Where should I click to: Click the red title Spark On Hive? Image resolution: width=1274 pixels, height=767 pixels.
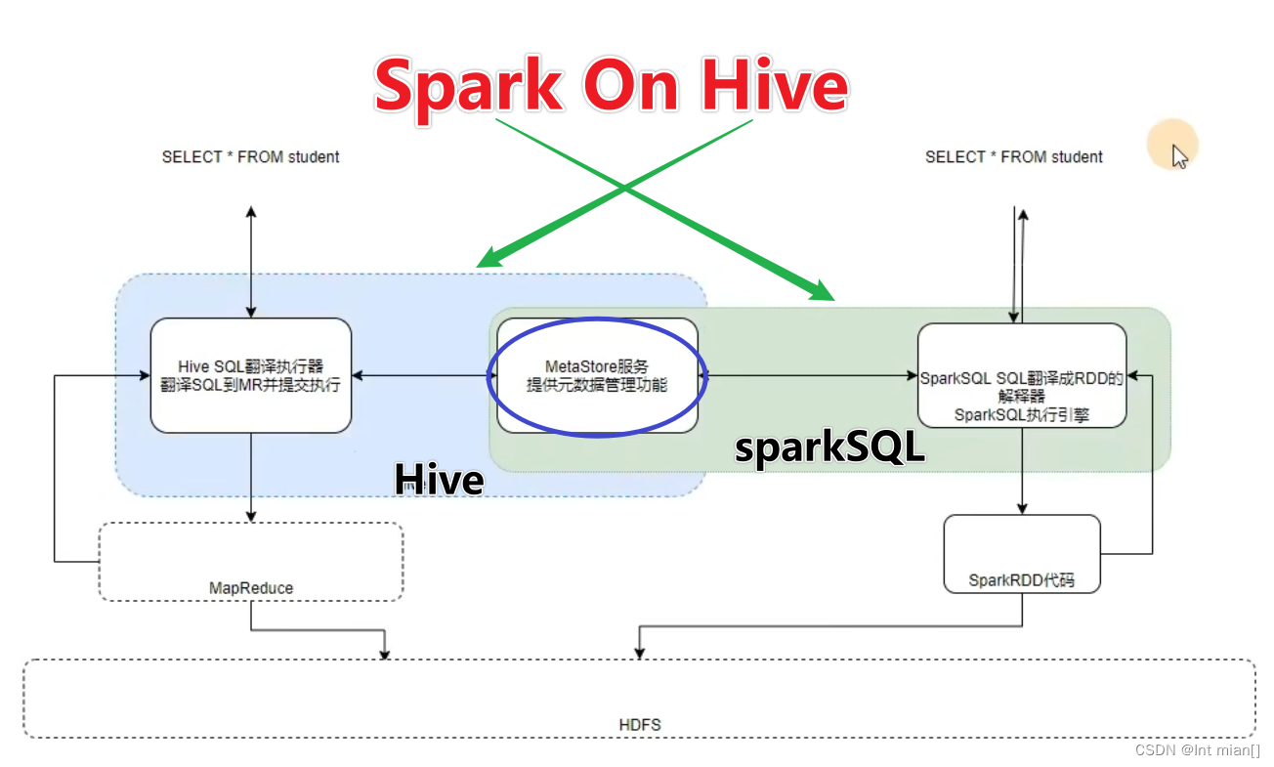point(611,86)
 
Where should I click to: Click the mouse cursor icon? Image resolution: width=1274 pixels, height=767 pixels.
point(1180,156)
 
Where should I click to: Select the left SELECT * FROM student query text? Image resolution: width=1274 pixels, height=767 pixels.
point(250,156)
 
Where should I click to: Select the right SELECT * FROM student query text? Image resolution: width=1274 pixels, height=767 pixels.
point(1013,156)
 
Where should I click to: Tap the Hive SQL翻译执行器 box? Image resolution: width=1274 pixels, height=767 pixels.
point(250,375)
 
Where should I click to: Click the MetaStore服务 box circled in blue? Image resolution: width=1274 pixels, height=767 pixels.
point(597,375)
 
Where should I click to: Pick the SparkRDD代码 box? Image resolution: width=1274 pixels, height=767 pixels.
point(1022,553)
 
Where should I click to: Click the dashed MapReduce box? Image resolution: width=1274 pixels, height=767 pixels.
point(250,561)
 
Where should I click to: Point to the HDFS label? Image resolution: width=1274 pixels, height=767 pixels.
point(640,725)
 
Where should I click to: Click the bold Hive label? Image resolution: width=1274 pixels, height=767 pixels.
point(439,480)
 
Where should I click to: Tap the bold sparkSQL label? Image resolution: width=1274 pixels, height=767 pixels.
point(829,447)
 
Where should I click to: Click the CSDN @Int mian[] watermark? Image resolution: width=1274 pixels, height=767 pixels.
point(1197,750)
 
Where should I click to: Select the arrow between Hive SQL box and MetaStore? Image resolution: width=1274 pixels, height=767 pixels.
point(424,374)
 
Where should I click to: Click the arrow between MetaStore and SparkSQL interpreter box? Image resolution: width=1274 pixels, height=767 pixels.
point(809,374)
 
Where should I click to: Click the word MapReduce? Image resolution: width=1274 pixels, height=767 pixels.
point(250,588)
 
